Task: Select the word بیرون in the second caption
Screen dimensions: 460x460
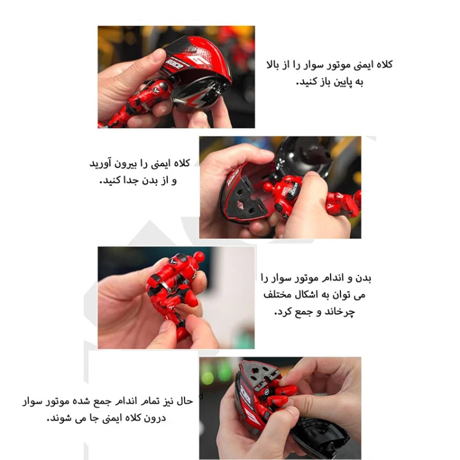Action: pyautogui.click(x=125, y=164)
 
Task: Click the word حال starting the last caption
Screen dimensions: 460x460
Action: pyautogui.click(x=184, y=401)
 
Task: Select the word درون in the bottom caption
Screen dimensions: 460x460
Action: pyautogui.click(x=155, y=418)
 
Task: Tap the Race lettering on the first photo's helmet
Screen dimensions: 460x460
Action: pyautogui.click(x=174, y=64)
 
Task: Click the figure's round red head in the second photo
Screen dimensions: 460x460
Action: pyautogui.click(x=268, y=187)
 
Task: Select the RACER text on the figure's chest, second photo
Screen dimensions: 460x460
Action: pyautogui.click(x=294, y=190)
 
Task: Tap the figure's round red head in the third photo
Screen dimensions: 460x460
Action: pyautogui.click(x=199, y=257)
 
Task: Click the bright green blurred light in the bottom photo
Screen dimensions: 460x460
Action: pyautogui.click(x=208, y=378)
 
